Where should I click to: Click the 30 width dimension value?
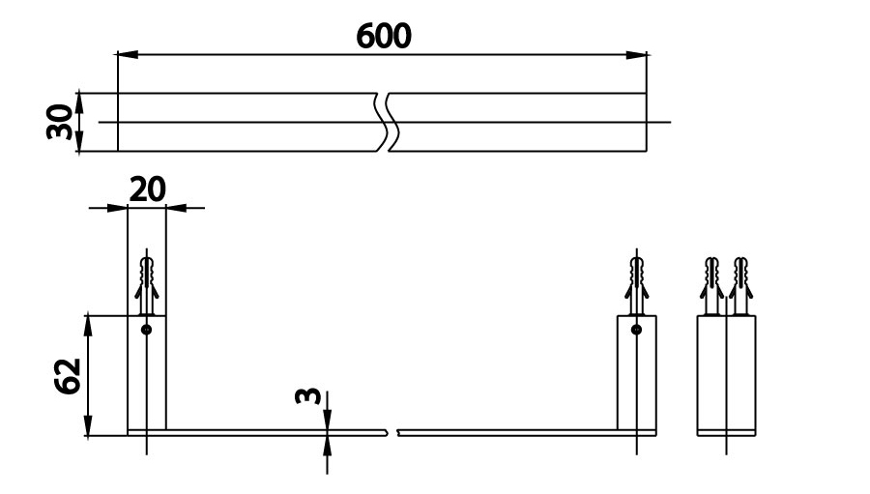point(63,122)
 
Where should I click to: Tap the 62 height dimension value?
point(66,374)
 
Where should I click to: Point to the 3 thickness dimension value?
point(307,397)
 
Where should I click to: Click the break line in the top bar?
point(387,123)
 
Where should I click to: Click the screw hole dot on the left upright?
point(146,330)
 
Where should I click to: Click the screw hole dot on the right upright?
point(636,330)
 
